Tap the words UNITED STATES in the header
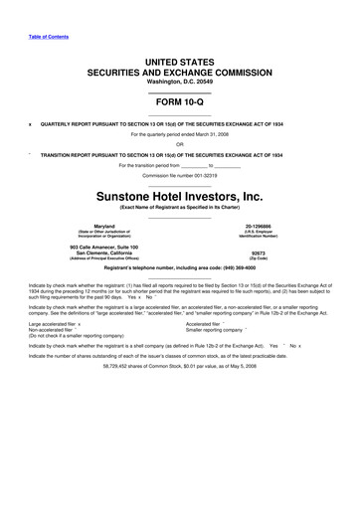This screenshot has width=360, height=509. point(179,63)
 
